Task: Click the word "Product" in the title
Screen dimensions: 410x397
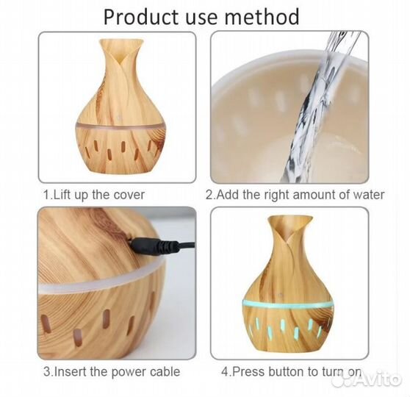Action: [x=141, y=16]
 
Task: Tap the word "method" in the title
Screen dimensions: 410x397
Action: [x=262, y=16]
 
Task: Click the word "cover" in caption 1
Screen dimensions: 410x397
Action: [x=129, y=195]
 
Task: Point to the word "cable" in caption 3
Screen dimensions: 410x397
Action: [x=165, y=371]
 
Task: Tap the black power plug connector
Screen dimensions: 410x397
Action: [x=155, y=246]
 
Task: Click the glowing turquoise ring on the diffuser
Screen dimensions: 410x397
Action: [x=288, y=305]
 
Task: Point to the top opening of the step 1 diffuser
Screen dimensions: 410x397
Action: [x=122, y=41]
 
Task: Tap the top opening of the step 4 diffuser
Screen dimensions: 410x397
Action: [x=290, y=217]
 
